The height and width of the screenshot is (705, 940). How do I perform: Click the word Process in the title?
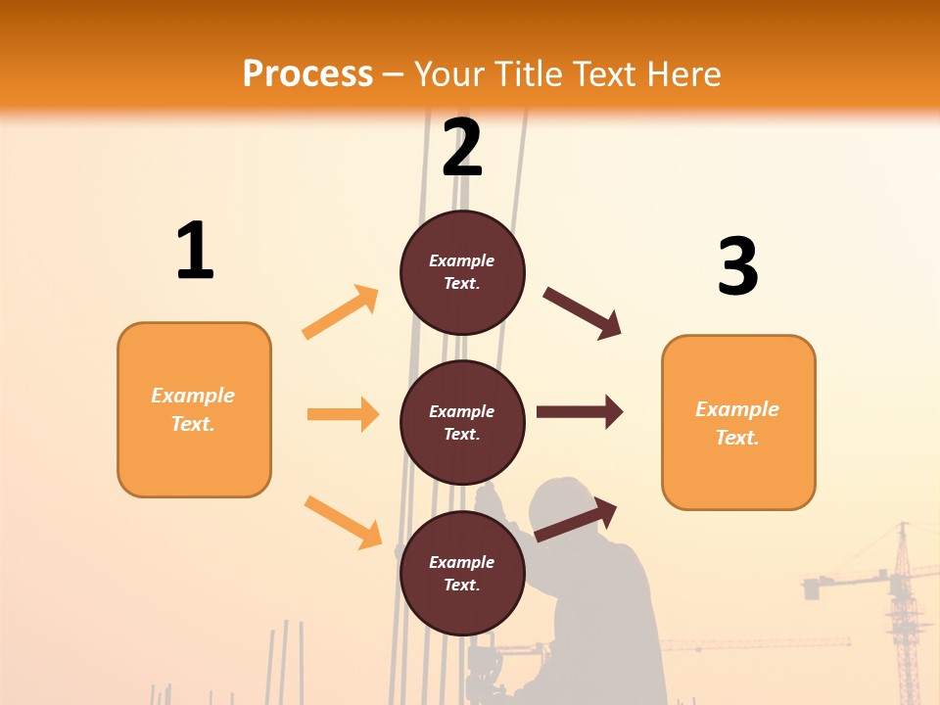307,73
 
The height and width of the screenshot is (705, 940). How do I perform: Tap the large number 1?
194,252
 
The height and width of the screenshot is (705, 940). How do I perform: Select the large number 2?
462,147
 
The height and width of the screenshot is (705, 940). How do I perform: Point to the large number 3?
737,266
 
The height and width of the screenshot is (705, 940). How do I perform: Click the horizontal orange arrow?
343,414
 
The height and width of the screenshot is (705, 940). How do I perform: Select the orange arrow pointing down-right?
343,522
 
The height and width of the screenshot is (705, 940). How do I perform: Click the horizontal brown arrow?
580,412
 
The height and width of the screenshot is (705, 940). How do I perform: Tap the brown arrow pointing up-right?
576,520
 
